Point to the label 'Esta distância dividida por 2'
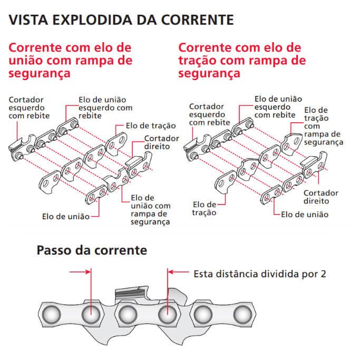click(x=260, y=274)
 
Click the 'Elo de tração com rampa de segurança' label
click(x=324, y=126)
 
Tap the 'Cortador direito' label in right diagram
click(x=320, y=197)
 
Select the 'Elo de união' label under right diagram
click(x=304, y=215)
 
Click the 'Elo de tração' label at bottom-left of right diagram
click(x=205, y=208)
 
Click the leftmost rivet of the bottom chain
click(x=51, y=314)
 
